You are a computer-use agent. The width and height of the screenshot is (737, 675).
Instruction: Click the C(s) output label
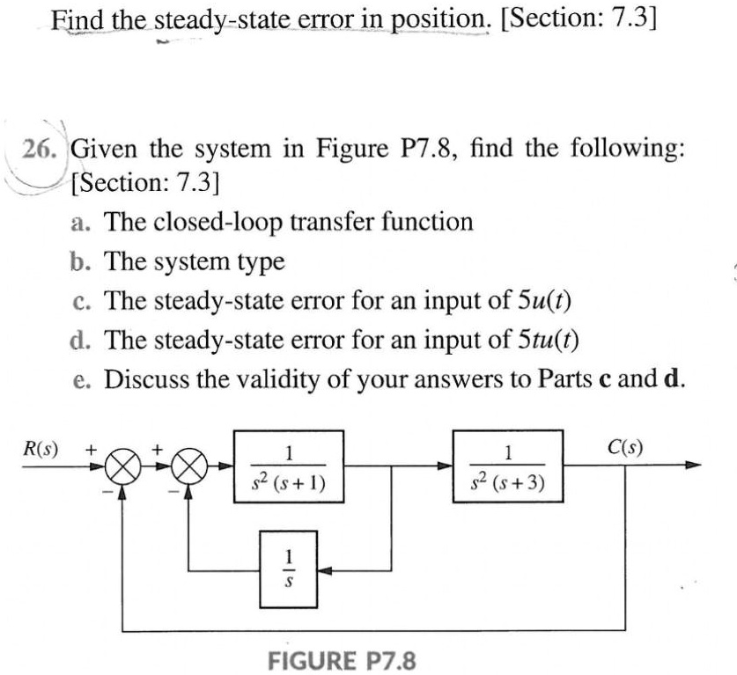pyautogui.click(x=625, y=446)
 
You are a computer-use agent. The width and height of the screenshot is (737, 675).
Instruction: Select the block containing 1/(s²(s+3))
pyautogui.click(x=506, y=466)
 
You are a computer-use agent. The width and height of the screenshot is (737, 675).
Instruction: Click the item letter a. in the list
pyautogui.click(x=84, y=222)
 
